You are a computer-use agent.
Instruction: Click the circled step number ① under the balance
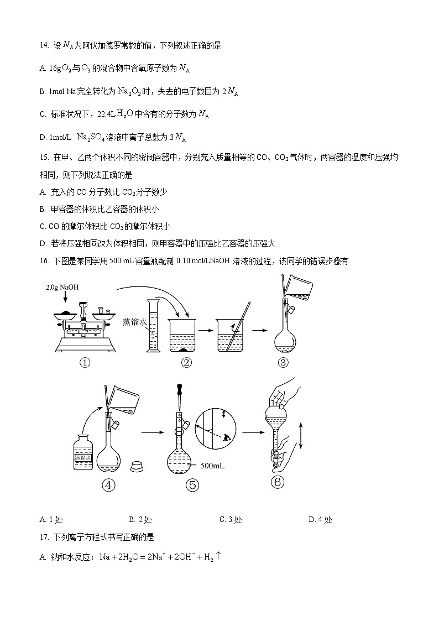click(x=84, y=363)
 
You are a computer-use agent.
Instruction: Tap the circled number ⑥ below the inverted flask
click(x=278, y=482)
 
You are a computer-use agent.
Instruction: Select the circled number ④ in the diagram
click(x=108, y=485)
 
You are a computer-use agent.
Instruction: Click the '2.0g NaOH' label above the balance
click(x=63, y=288)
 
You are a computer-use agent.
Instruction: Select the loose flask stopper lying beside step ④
click(x=137, y=466)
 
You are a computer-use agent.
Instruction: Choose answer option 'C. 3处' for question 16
click(x=231, y=519)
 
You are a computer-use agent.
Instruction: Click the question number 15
click(x=44, y=158)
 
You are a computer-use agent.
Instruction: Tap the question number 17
click(x=44, y=537)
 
